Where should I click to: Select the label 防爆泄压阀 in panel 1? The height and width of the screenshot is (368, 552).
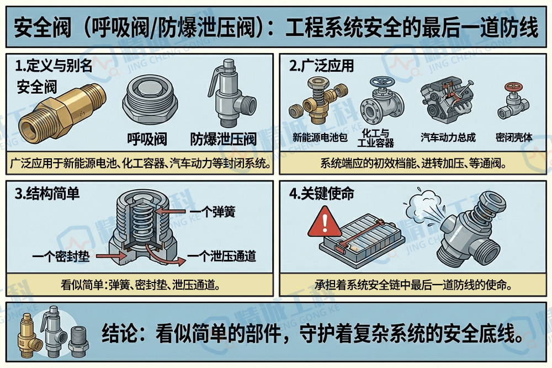coord(224,138)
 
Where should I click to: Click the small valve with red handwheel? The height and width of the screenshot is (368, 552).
coord(513,102)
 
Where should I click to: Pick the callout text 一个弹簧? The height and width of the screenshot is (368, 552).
coord(212,211)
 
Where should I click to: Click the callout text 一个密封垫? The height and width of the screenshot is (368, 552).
coord(61,256)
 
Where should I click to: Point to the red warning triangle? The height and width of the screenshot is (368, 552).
coord(323,223)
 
